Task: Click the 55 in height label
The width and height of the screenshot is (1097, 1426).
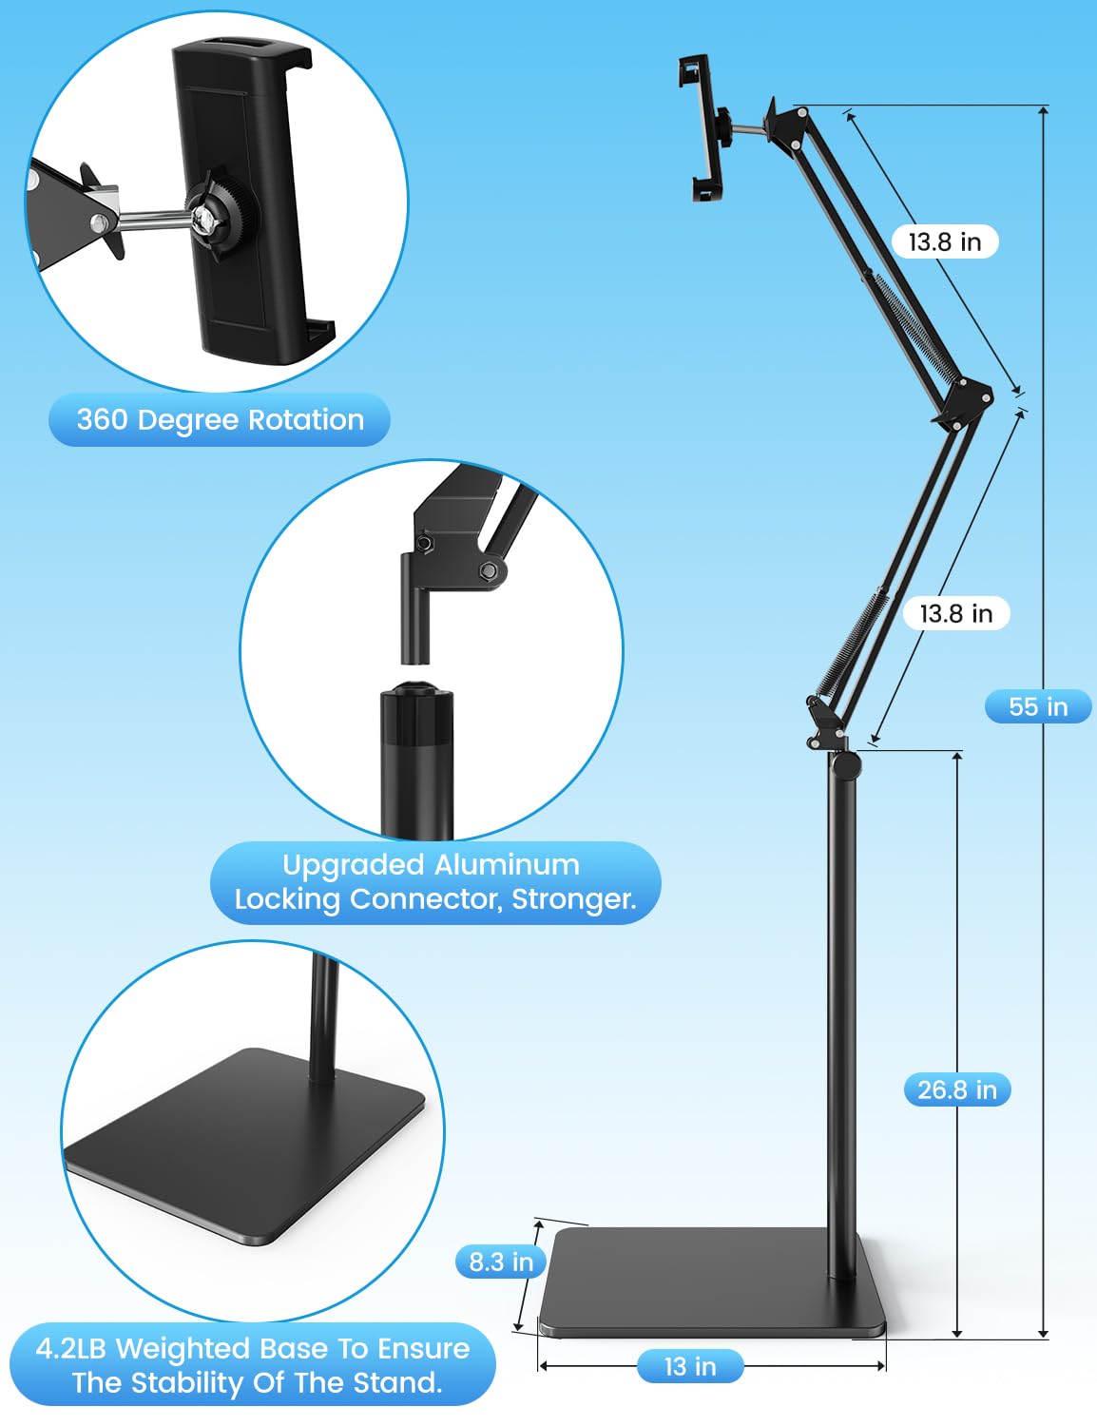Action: coord(1037,706)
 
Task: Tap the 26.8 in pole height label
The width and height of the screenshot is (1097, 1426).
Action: coord(956,1089)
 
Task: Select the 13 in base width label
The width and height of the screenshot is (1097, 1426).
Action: coord(690,1366)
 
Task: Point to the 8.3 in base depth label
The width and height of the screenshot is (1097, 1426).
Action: coord(501,1262)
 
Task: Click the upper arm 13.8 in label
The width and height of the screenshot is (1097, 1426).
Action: coord(944,241)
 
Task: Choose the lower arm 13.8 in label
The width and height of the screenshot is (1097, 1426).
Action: coord(955,613)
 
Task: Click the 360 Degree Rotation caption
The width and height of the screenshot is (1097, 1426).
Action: coord(220,419)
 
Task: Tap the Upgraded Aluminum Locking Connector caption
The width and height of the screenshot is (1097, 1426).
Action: coord(434,881)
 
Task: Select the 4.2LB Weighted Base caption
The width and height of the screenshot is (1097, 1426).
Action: coord(253,1364)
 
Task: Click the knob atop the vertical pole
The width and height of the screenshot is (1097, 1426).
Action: coord(844,762)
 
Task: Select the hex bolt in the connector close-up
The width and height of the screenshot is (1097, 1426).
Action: coord(489,570)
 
